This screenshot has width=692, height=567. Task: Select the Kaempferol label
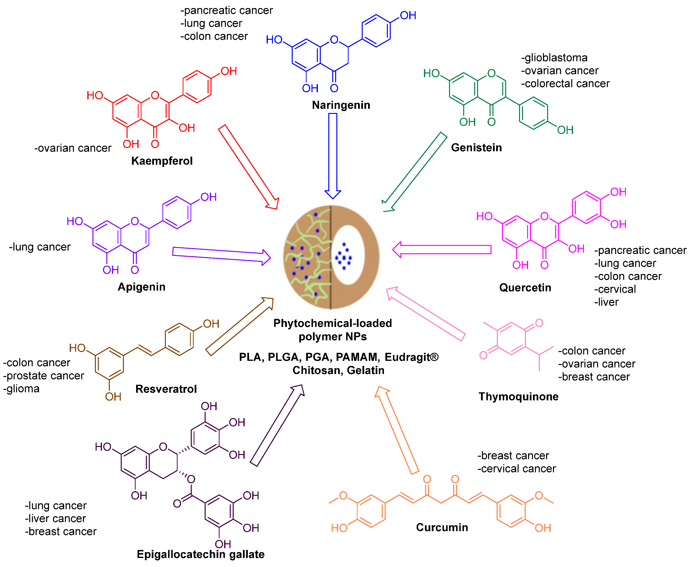tap(162, 161)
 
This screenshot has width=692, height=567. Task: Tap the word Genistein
tap(476, 147)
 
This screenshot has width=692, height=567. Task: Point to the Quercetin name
tap(525, 287)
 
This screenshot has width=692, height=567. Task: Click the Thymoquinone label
tap(518, 396)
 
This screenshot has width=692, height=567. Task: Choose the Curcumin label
tap(441, 527)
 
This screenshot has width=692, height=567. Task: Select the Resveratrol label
tap(166, 389)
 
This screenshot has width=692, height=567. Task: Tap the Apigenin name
tap(141, 286)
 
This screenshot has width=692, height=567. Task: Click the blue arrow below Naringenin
tap(332, 153)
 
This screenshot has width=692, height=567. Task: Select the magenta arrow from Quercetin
tap(444, 250)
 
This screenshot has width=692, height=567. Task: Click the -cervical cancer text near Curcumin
tap(516, 468)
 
